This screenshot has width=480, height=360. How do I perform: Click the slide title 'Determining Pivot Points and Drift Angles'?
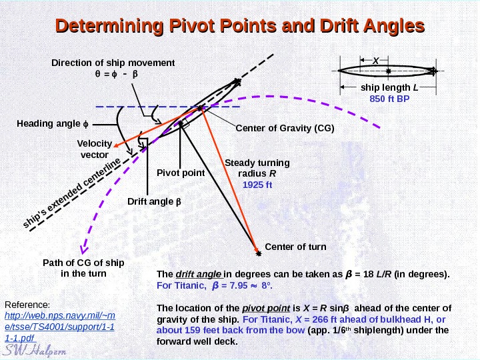tap(240, 27)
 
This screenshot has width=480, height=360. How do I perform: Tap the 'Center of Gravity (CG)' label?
tap(285, 128)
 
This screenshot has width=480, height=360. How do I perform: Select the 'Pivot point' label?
tap(180, 173)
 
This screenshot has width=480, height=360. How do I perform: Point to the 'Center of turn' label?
tap(296, 247)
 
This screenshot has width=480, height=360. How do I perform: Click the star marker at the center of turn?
tap(259, 253)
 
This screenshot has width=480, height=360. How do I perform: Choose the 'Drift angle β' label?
tap(154, 201)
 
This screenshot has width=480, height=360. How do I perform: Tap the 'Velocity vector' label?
tap(93, 149)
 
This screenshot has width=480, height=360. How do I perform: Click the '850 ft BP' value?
tap(389, 99)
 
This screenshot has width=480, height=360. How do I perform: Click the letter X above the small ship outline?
tap(375, 61)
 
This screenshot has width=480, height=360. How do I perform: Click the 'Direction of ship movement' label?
tap(113, 63)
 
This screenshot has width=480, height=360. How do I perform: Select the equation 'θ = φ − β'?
tap(115, 74)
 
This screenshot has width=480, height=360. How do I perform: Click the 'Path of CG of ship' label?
tap(83, 263)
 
